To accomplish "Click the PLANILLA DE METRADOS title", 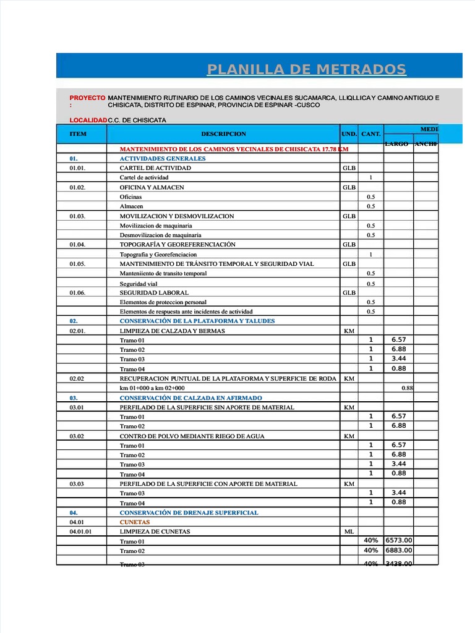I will click(x=307, y=69).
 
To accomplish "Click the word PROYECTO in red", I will click(x=87, y=98).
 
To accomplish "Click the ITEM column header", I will click(x=79, y=134).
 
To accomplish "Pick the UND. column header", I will click(x=349, y=134).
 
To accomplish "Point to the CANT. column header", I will click(x=370, y=134).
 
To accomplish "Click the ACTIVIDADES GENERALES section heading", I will click(x=162, y=158).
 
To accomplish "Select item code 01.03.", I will click(x=77, y=216).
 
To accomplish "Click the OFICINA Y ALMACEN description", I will click(x=152, y=187).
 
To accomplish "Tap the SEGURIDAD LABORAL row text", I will click(x=154, y=292).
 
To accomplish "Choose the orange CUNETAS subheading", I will click(x=135, y=522).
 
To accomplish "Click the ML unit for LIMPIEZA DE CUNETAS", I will click(x=349, y=532).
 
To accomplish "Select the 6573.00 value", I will click(x=399, y=540).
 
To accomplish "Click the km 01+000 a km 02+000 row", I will click(x=152, y=388).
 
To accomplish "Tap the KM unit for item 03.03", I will click(x=349, y=484).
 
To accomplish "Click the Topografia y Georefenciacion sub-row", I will click(x=158, y=254).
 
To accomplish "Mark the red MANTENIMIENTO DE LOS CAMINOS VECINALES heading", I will click(x=234, y=149).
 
